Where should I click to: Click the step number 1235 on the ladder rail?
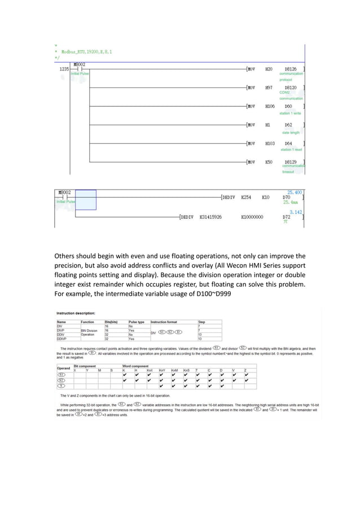coord(64,69)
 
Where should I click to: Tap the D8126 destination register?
coord(291,69)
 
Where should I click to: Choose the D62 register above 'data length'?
coord(288,125)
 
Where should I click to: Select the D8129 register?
coord(291,162)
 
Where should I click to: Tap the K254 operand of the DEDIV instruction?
coord(245,198)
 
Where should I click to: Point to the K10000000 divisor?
coord(252,217)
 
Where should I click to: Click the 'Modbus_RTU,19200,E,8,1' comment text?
coord(86,51)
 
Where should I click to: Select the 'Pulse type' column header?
coord(137,322)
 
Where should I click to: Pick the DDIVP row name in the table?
coord(63,339)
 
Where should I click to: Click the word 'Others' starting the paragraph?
coord(67,256)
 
